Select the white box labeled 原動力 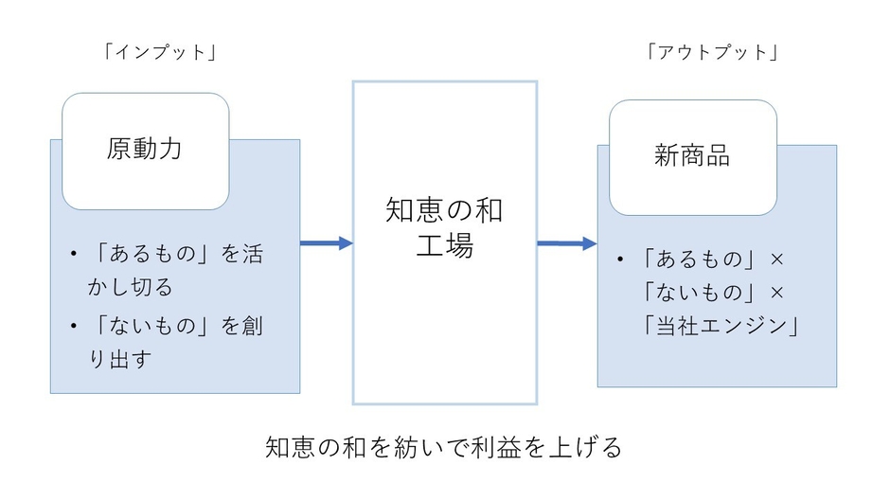click(x=145, y=150)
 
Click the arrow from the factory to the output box click(x=566, y=243)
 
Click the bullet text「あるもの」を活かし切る click(x=175, y=269)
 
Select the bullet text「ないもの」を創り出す click(x=175, y=342)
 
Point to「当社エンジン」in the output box click(x=720, y=327)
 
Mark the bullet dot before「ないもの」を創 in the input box click(x=73, y=327)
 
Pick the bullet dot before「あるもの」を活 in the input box click(x=73, y=255)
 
